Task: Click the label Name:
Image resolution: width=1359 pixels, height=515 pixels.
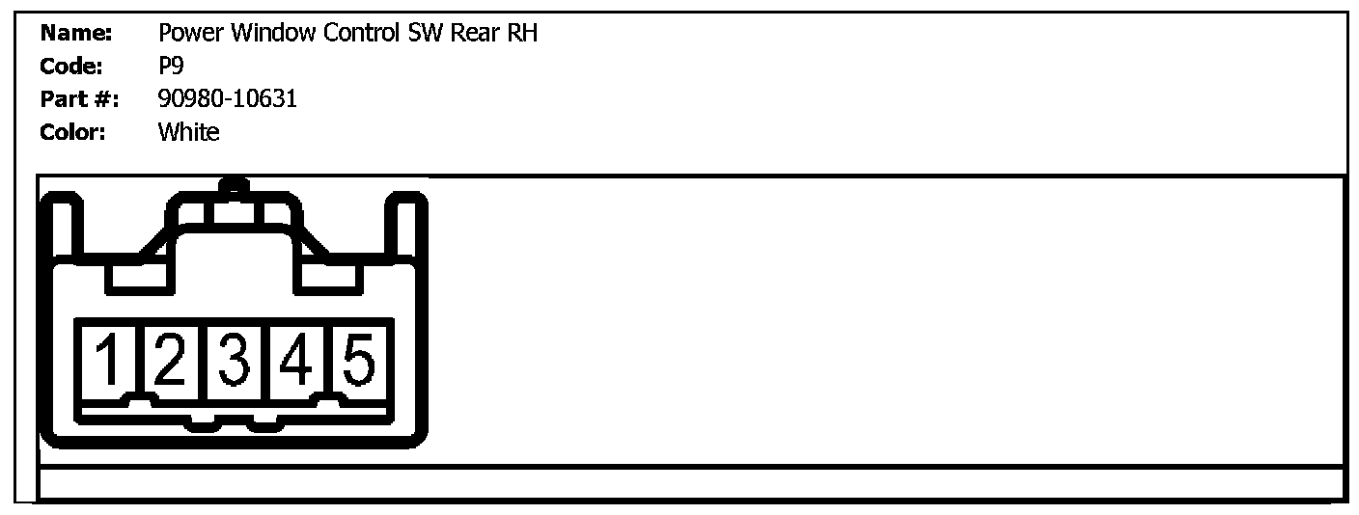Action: point(76,34)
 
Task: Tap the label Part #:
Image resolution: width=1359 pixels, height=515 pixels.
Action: point(79,99)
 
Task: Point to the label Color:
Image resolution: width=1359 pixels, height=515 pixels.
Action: point(73,132)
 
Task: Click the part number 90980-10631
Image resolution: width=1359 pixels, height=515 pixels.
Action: point(227,99)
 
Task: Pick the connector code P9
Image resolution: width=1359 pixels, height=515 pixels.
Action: point(170,67)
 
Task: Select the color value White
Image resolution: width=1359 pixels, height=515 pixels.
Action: point(188,132)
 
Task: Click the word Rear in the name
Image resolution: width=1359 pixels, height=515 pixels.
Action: point(474,34)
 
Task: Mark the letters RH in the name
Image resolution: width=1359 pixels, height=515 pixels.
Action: point(522,34)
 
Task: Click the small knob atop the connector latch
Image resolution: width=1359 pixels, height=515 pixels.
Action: point(233,184)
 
